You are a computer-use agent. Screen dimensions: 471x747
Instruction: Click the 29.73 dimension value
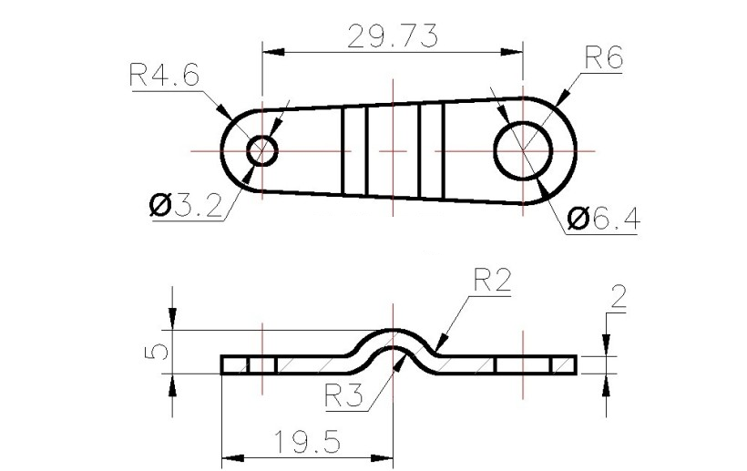[x=393, y=36]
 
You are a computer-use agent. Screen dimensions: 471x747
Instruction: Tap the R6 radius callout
[x=602, y=59]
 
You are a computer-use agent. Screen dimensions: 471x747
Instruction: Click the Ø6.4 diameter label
[x=602, y=219]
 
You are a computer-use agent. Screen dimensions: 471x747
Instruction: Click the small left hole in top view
[x=262, y=149]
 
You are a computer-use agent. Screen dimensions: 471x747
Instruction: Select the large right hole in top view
[x=523, y=149]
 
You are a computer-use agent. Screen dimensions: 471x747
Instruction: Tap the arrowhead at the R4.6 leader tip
[x=225, y=113]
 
